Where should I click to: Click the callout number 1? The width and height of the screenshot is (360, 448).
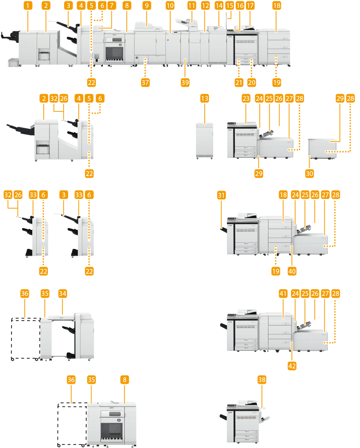pyautogui.click(x=28, y=6)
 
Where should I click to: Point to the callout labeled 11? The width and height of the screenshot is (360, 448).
pyautogui.click(x=191, y=6)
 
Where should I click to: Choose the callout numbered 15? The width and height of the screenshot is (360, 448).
pyautogui.click(x=229, y=6)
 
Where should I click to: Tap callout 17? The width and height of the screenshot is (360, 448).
pyautogui.click(x=251, y=6)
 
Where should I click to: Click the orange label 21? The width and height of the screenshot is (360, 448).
pyautogui.click(x=239, y=82)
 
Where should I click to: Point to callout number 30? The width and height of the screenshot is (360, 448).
pyautogui.click(x=310, y=173)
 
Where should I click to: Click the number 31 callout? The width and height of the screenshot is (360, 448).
pyautogui.click(x=222, y=195)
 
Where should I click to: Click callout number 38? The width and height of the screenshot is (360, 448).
pyautogui.click(x=262, y=379)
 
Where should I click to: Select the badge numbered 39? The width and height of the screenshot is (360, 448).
pyautogui.click(x=184, y=82)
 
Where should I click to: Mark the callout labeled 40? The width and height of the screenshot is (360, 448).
pyautogui.click(x=292, y=269)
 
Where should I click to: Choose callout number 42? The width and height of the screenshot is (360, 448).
pyautogui.click(x=292, y=366)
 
